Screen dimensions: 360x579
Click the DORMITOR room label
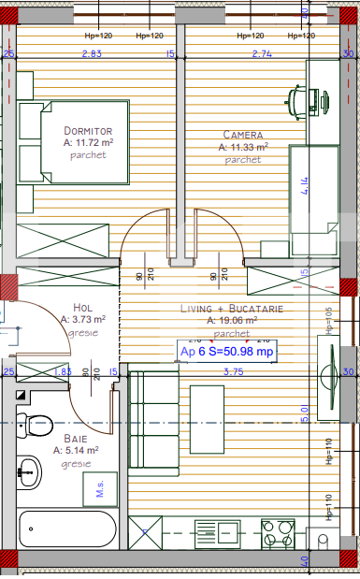pyautogui.click(x=89, y=130)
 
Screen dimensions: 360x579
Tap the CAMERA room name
pyautogui.click(x=243, y=134)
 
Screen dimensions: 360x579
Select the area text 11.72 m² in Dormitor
pyautogui.click(x=89, y=143)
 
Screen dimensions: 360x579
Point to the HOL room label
pyautogui.click(x=83, y=307)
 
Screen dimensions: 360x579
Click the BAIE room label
pyautogui.click(x=77, y=438)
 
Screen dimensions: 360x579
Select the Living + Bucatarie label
pyautogui.click(x=232, y=308)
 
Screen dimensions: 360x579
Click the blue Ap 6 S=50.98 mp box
pyautogui.click(x=227, y=352)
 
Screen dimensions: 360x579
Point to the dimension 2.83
pyautogui.click(x=91, y=54)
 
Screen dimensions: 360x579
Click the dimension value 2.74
pyautogui.click(x=262, y=54)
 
